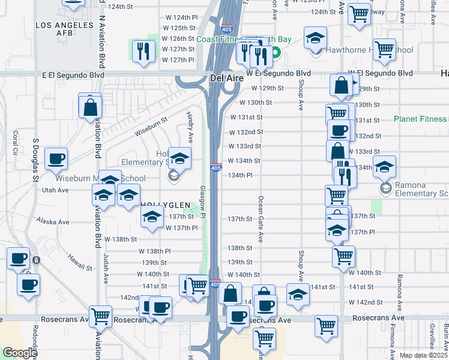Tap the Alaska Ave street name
point(53,221)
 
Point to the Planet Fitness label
point(420,119)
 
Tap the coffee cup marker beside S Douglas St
point(56,159)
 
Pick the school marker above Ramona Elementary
point(384,167)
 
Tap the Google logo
point(20,353)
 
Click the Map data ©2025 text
point(424,355)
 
